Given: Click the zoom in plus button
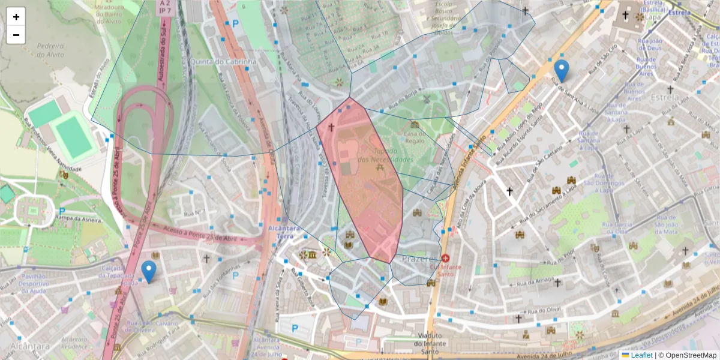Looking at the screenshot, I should point(16,17).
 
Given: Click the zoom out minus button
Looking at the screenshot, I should point(16,35).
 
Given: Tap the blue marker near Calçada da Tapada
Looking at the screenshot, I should point(148,271).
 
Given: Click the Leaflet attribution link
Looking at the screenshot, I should point(637,355).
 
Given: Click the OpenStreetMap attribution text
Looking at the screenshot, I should point(687,355).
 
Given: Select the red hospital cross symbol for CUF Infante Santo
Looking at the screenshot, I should point(446,257).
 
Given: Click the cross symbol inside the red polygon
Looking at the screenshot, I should point(331,128).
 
